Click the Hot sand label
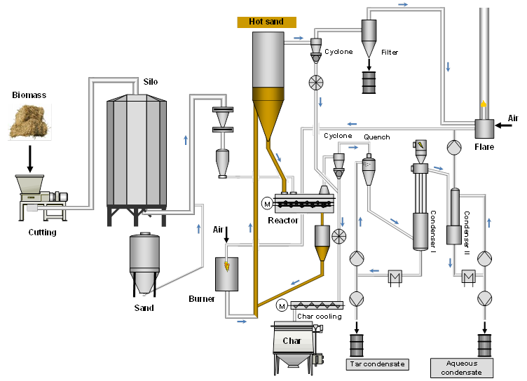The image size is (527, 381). coord(266,22)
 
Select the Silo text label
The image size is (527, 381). coord(150,82)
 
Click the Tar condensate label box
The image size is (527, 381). coord(377,364)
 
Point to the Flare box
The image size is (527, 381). coord(484,128)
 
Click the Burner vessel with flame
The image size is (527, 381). coord(226,274)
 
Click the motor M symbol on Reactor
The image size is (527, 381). coord(266,204)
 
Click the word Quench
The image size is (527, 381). coord(377,137)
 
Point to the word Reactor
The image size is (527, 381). coord(283,220)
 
